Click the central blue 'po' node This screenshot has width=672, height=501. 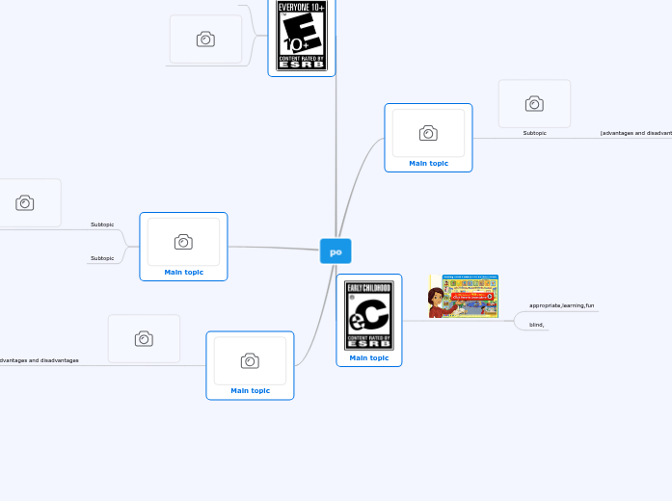(336, 251)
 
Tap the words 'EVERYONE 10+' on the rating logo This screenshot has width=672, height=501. (301, 7)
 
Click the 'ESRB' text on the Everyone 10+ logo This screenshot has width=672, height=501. (301, 65)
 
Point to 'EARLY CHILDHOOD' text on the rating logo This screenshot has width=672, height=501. (369, 287)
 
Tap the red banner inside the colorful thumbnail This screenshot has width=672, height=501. (471, 296)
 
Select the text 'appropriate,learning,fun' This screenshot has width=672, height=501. (561, 305)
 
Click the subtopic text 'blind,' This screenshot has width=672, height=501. (537, 325)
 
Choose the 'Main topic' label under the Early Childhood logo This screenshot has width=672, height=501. (369, 357)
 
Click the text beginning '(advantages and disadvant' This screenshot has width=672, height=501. (635, 133)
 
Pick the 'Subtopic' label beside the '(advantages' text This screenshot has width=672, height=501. (534, 133)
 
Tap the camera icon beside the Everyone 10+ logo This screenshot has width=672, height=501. (205, 40)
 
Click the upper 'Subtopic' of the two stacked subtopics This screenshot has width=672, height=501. (102, 224)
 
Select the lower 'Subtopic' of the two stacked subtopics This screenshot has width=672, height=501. (102, 258)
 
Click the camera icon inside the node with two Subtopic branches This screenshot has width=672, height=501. (183, 242)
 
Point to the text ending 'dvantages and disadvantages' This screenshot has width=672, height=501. (40, 360)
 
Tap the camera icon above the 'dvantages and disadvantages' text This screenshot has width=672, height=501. (144, 338)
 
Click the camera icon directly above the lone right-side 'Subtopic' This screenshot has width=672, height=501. (534, 103)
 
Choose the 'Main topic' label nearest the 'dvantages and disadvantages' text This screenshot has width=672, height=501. (250, 390)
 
